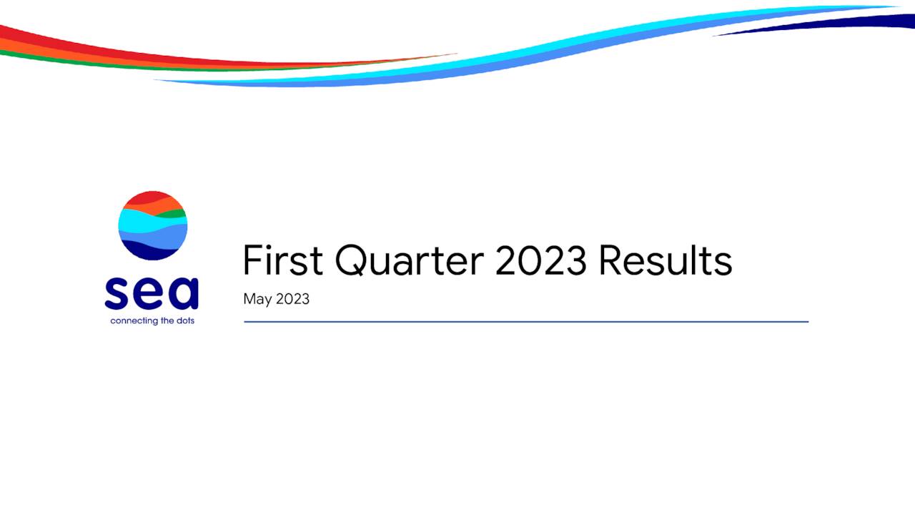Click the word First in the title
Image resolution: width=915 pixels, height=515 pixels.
283,260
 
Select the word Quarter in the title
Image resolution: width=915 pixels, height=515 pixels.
410,260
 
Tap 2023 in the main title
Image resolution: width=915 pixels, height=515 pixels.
540,260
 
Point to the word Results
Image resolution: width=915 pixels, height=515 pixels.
665,260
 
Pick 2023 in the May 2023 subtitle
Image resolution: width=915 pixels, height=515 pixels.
292,299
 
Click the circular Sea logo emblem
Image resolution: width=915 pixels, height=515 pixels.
152,225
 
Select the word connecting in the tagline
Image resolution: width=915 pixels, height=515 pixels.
134,321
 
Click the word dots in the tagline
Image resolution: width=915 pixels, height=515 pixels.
185,321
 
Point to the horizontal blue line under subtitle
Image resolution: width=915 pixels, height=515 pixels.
526,322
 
